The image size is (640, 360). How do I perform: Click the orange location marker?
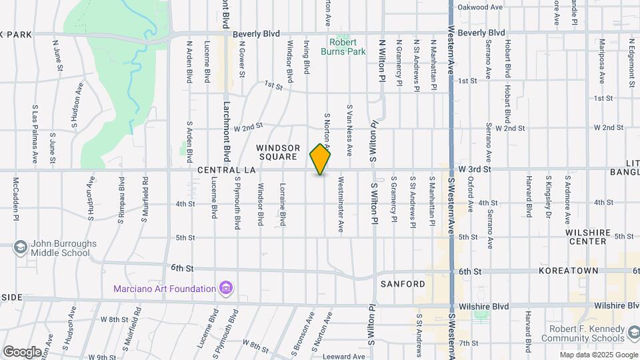tap(321, 159)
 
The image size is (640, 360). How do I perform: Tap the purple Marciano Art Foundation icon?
tap(226, 289)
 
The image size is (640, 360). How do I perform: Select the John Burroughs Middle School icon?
tap(20, 248)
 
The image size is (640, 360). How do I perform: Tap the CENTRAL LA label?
tap(227, 171)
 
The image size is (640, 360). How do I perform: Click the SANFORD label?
tap(403, 284)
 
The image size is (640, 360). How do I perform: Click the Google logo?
tap(22, 351)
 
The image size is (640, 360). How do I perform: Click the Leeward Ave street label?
tap(345, 357)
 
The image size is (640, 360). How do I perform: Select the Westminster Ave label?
tap(341, 204)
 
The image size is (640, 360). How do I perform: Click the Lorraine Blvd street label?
tap(283, 204)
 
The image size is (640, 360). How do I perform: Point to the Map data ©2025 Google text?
tap(599, 355)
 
